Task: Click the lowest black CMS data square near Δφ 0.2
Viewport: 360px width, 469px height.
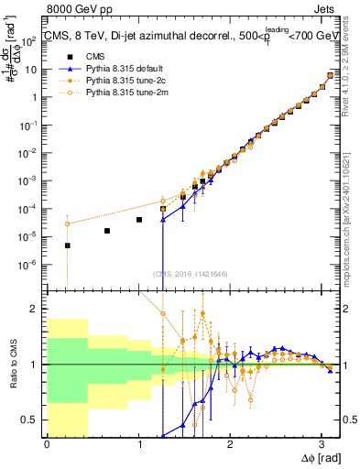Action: point(67,245)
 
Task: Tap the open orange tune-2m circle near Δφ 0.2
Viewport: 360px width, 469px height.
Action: point(67,224)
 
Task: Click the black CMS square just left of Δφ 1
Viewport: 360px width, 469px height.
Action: point(138,220)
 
